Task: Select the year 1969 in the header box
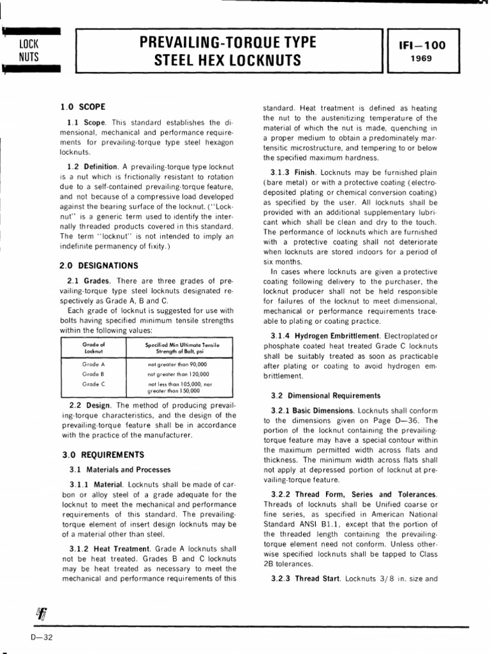[x=421, y=58]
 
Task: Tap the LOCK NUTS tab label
[x=29, y=50]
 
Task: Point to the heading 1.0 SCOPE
[x=84, y=107]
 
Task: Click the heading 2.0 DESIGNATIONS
[x=100, y=265]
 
